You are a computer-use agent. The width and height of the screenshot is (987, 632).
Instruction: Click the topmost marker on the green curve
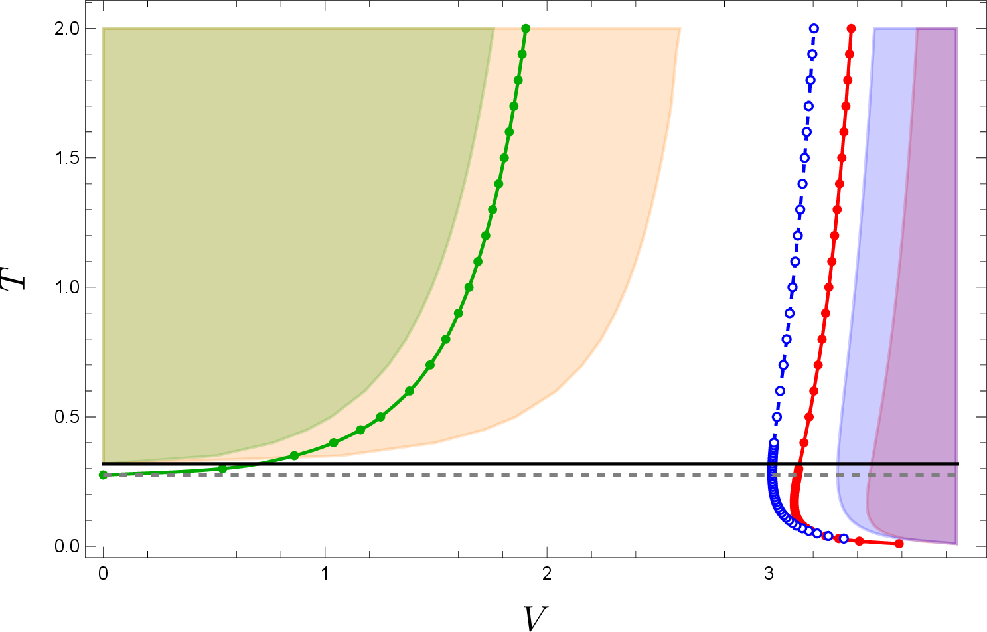click(x=526, y=28)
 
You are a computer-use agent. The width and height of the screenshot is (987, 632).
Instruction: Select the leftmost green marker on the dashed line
click(x=103, y=475)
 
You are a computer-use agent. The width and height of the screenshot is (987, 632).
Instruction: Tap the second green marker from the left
click(x=222, y=469)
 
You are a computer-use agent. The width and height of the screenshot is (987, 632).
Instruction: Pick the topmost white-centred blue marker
click(x=814, y=28)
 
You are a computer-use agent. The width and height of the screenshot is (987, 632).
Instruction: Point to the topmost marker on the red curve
click(x=852, y=28)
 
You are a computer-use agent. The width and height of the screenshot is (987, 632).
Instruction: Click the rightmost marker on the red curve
click(x=899, y=544)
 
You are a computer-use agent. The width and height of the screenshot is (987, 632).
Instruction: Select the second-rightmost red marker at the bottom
click(x=859, y=541)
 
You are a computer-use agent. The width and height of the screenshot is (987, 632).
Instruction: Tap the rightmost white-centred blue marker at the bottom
click(x=844, y=538)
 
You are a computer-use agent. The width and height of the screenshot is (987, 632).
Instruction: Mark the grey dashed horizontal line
click(x=531, y=475)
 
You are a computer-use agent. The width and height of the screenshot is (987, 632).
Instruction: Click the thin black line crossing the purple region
click(x=916, y=463)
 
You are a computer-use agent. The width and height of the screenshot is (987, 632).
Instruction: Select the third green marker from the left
click(x=294, y=455)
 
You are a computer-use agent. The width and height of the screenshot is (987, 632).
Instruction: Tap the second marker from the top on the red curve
click(x=850, y=54)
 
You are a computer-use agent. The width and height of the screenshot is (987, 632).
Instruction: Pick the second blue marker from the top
click(x=812, y=54)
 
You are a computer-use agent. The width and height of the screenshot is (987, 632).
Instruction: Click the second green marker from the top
click(x=522, y=54)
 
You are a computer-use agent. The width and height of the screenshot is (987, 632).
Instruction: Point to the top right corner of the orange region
click(x=680, y=28)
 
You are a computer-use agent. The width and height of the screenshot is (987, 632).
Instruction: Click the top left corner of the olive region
click(x=103, y=28)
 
